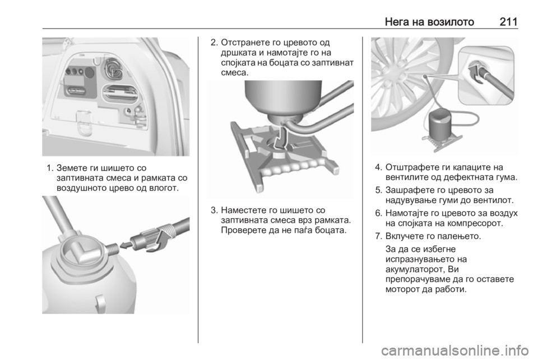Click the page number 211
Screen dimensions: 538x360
pyautogui.click(x=508, y=22)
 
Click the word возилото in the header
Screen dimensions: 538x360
pyautogui.click(x=451, y=22)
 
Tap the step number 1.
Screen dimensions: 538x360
pyautogui.click(x=50, y=168)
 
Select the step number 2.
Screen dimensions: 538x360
pyautogui.click(x=214, y=43)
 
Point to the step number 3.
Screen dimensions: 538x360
pyautogui.click(x=214, y=210)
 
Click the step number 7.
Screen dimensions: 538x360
pyautogui.click(x=378, y=236)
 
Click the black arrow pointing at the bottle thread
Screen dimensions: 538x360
pyautogui.click(x=127, y=244)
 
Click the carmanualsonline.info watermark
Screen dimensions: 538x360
pyautogui.click(x=454, y=350)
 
